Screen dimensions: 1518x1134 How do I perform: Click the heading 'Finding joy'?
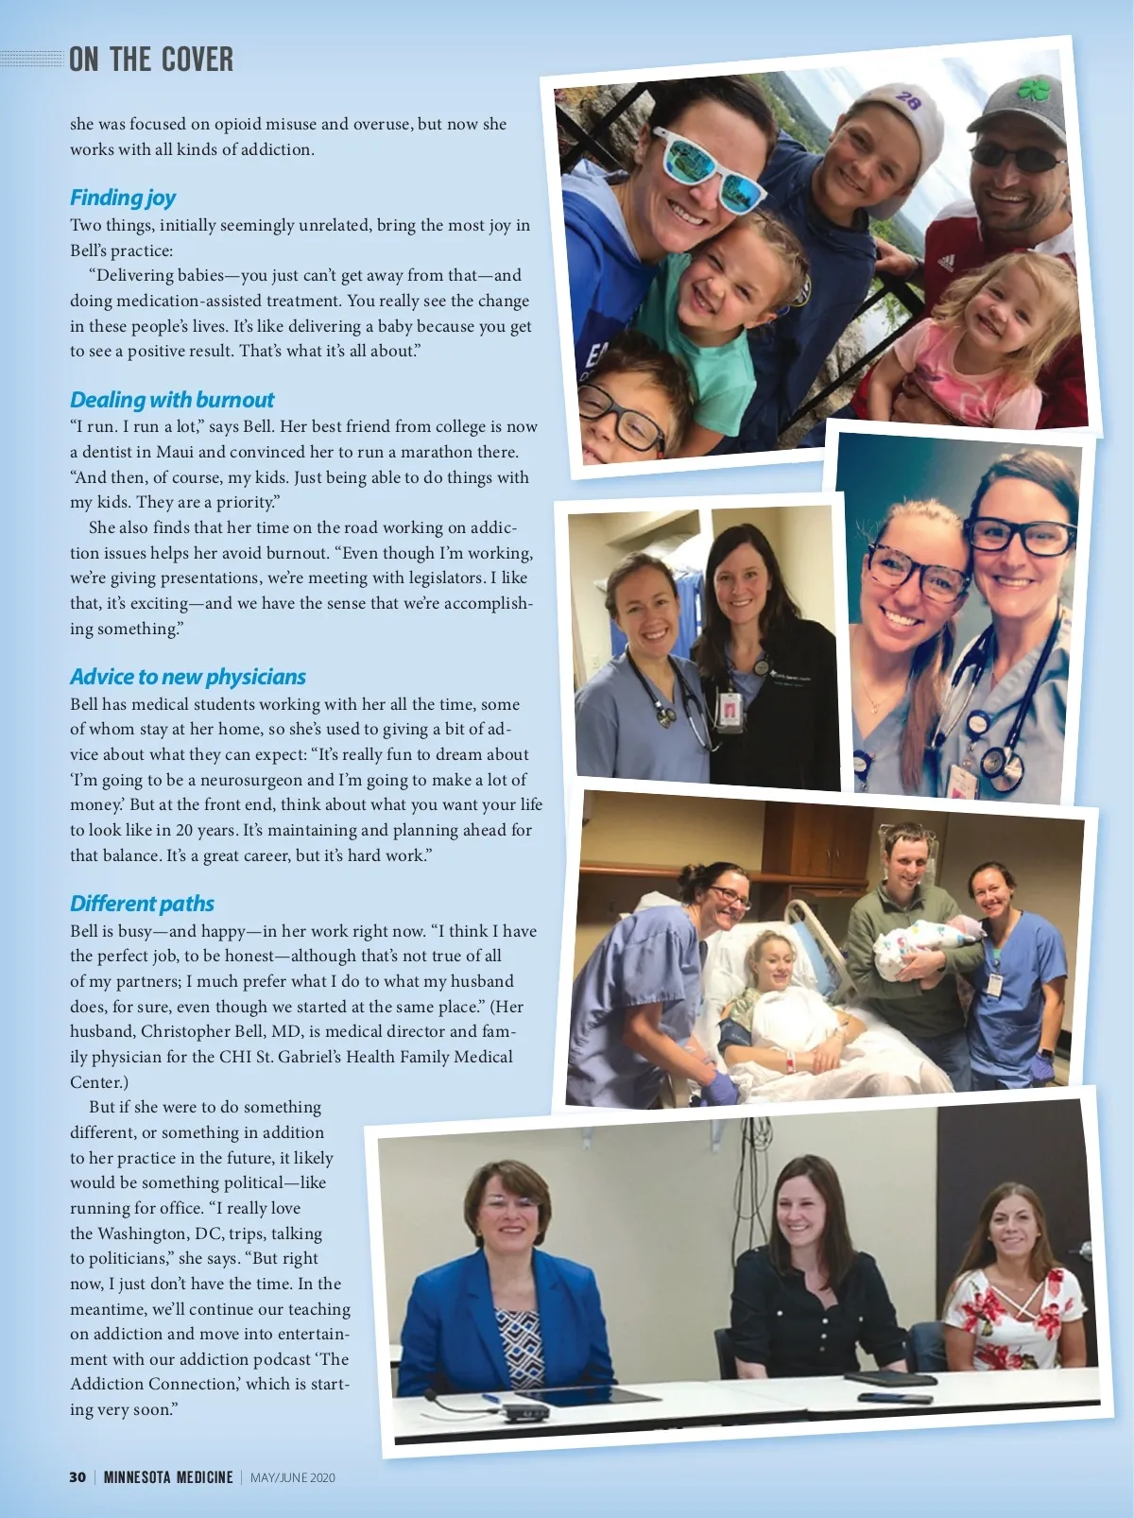click(123, 198)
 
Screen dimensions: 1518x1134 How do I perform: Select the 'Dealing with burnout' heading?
click(172, 400)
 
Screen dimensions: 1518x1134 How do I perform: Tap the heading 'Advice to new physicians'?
click(188, 677)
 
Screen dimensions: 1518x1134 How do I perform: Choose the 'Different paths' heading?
click(142, 904)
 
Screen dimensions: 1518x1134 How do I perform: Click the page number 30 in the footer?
click(77, 1477)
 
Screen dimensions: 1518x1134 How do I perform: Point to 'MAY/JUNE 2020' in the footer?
click(293, 1477)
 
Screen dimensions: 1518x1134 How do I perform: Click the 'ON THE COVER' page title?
click(151, 60)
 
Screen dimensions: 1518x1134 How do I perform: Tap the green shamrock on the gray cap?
click(1034, 91)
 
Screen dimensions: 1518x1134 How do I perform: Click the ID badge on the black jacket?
click(730, 710)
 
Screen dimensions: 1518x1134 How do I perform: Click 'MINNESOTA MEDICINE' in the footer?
click(168, 1477)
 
